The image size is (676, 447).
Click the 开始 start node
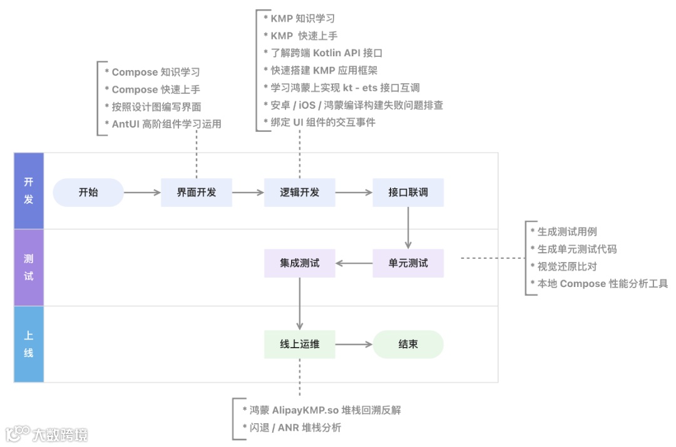coord(88,193)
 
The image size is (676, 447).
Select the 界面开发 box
coord(197,193)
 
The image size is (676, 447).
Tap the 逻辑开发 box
coord(299,193)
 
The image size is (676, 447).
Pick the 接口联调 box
coord(408,193)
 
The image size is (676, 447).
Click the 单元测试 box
coord(408,263)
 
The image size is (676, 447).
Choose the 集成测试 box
coord(299,263)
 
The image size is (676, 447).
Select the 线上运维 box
coord(299,344)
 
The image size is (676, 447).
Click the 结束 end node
coord(408,344)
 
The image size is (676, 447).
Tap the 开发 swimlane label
coord(29,191)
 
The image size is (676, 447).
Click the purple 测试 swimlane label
coord(29,268)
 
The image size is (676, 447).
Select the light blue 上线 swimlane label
coord(29,344)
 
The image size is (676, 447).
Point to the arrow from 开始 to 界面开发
coord(142,193)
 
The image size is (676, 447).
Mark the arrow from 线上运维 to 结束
coord(354,344)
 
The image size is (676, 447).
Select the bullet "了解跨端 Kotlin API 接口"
coord(326,53)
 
